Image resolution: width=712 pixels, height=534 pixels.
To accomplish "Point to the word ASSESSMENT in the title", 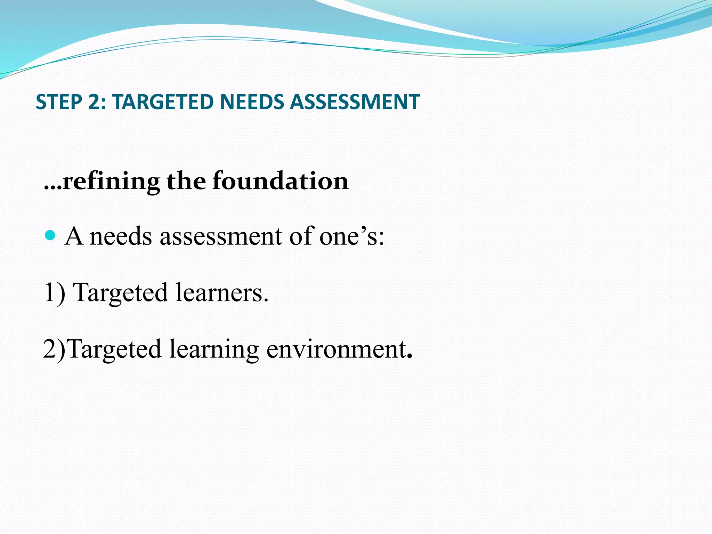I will coord(355,102).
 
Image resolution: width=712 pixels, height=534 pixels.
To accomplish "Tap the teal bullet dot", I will coord(50,236).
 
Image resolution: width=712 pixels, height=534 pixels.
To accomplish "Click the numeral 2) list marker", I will coord(54,349).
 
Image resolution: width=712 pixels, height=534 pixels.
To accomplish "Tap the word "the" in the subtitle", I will coord(186,181).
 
